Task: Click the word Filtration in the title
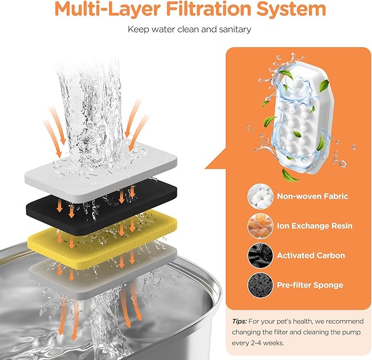pos(209,8)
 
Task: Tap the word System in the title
pos(291,9)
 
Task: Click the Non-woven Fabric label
pos(312,196)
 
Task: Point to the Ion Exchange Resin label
pos(314,226)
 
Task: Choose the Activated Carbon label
pos(311,255)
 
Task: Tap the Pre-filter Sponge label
pos(310,285)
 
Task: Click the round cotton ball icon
pos(260,197)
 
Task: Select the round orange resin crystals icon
pos(260,226)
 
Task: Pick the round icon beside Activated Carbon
pos(260,255)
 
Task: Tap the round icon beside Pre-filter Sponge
pos(260,285)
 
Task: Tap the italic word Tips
pos(239,322)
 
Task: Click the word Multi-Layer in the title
pos(107,9)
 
